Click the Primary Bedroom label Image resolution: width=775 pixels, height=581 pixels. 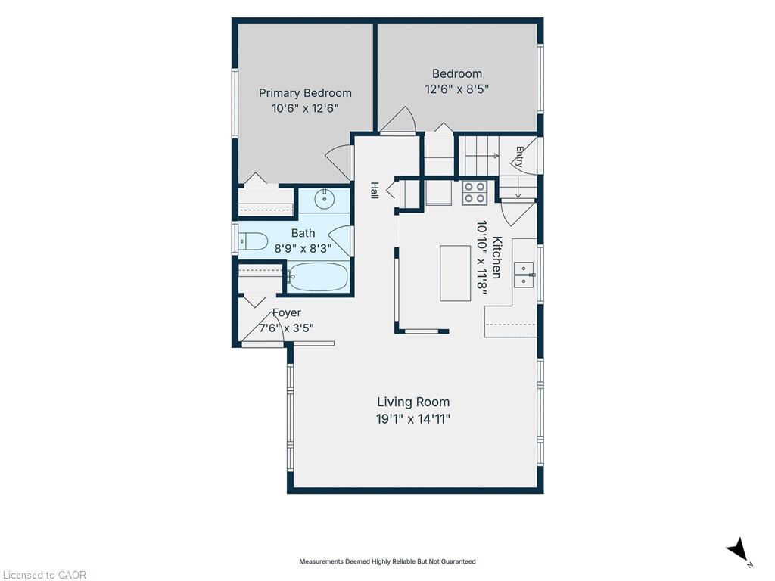[x=305, y=93]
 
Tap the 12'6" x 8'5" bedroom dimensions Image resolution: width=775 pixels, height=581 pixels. [x=456, y=89]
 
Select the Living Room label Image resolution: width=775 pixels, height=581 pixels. [x=413, y=402]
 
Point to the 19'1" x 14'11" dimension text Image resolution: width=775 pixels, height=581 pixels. [x=413, y=419]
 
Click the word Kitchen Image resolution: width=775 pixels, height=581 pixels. [x=497, y=257]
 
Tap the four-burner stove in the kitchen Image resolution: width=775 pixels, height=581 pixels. [x=474, y=193]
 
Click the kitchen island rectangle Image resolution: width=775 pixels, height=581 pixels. [x=455, y=272]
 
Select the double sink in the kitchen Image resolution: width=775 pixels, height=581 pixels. [x=524, y=275]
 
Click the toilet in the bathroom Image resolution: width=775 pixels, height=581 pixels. [x=253, y=241]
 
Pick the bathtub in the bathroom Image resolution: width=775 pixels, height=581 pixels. [x=318, y=277]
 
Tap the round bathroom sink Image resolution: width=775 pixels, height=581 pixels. [x=324, y=199]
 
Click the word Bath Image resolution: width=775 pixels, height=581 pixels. [x=303, y=233]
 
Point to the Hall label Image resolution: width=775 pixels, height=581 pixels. [x=375, y=191]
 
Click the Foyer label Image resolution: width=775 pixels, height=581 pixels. [x=287, y=312]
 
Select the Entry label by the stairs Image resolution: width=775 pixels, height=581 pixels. [x=519, y=157]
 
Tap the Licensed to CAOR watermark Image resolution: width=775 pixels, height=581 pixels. [x=44, y=575]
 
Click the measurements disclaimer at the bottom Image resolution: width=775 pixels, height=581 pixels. [x=387, y=561]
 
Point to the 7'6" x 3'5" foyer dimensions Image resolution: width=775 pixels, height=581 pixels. [x=287, y=328]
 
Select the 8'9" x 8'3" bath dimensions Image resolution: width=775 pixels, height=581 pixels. [x=303, y=248]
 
